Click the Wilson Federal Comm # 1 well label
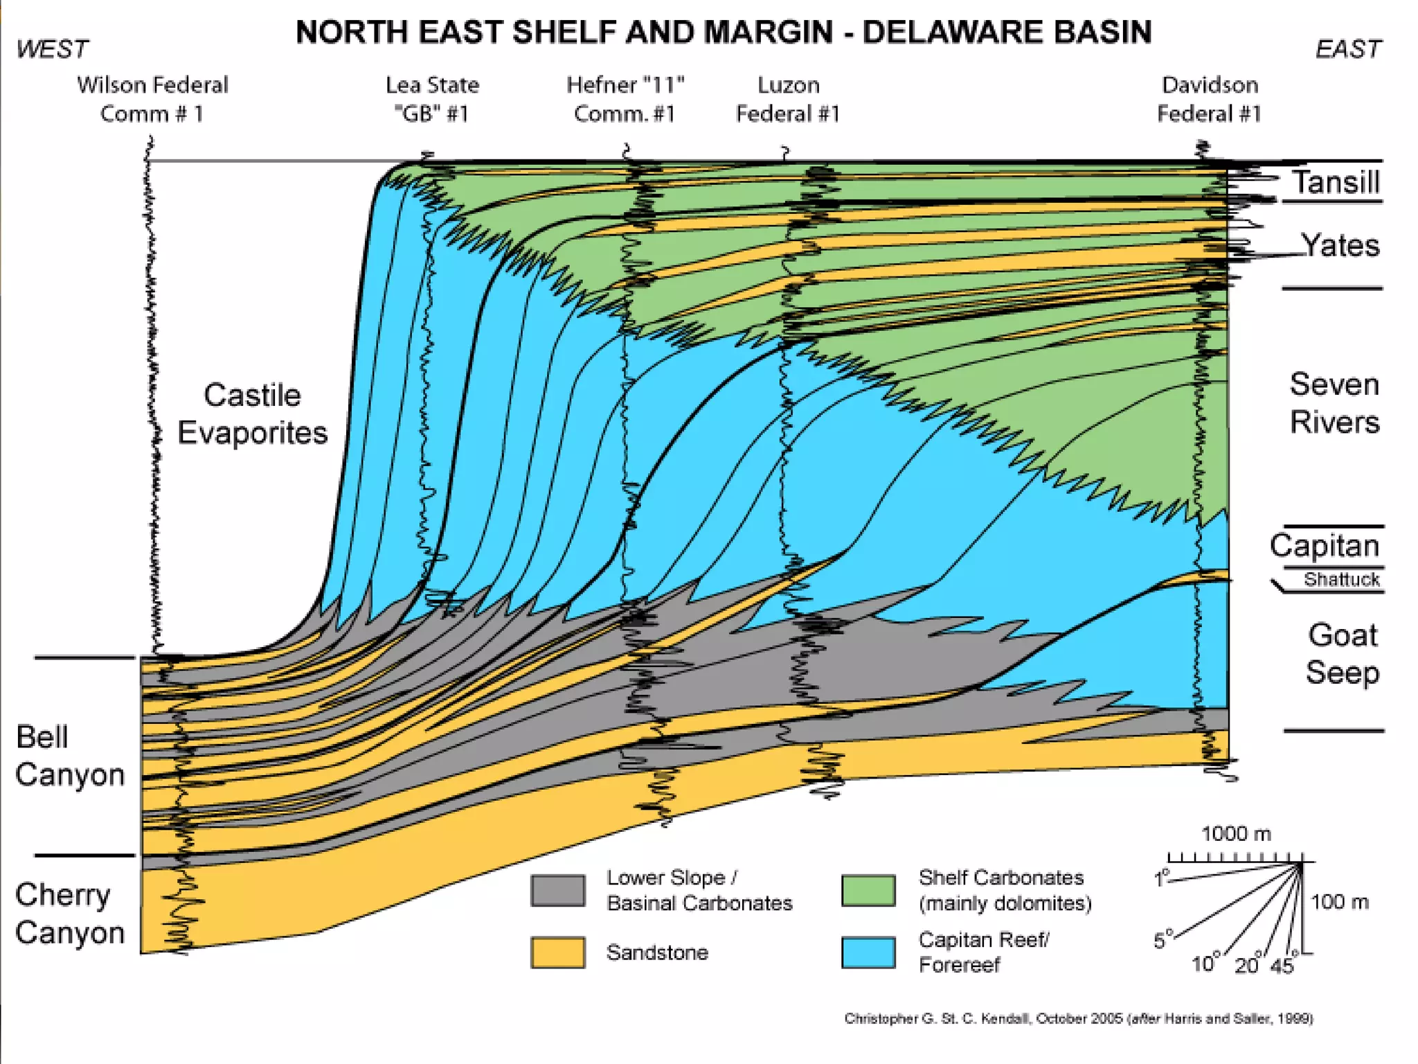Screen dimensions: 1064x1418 [152, 99]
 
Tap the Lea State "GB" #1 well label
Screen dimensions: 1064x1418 [432, 99]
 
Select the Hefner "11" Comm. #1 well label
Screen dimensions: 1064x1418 [625, 99]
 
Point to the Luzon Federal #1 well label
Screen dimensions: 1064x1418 [788, 99]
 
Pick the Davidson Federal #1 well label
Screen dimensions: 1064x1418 [1209, 99]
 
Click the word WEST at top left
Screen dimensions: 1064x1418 [53, 49]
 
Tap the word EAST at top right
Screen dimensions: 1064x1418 [1347, 49]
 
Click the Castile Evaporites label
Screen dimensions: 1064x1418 [252, 414]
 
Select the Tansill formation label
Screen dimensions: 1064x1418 [1336, 182]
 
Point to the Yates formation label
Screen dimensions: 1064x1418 [1340, 245]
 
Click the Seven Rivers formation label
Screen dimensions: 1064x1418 [1334, 402]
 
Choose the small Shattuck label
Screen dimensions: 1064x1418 [1341, 579]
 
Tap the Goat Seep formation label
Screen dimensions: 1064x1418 [1342, 653]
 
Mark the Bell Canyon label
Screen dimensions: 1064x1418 [69, 756]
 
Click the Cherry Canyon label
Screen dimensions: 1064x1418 [69, 913]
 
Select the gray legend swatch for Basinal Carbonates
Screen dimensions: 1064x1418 [557, 890]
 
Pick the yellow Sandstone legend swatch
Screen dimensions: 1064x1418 [557, 952]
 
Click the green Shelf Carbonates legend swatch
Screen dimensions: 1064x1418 [868, 890]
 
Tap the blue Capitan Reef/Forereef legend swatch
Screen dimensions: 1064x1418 [868, 952]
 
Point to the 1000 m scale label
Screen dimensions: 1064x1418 [1236, 833]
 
